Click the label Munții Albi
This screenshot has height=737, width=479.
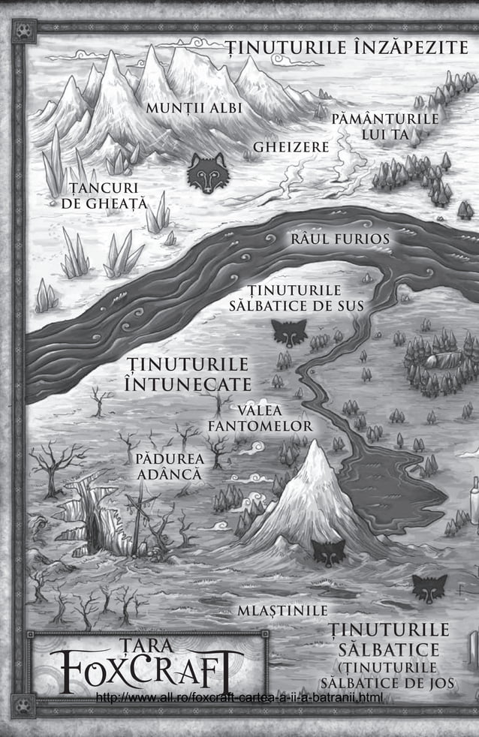pyautogui.click(x=194, y=107)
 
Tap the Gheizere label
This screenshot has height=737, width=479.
pyautogui.click(x=291, y=146)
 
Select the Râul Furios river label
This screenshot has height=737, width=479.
pyautogui.click(x=340, y=239)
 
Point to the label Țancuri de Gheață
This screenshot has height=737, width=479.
pyautogui.click(x=107, y=194)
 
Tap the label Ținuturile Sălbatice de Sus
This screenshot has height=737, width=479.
pyautogui.click(x=295, y=298)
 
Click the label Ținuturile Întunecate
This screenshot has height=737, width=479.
pyautogui.click(x=188, y=374)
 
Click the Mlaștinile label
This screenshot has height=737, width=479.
pyautogui.click(x=282, y=610)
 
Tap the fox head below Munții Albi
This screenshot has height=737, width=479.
pyautogui.click(x=208, y=173)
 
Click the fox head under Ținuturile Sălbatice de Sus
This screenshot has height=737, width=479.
pyautogui.click(x=290, y=332)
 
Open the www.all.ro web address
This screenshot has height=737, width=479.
pyautogui.click(x=240, y=699)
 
